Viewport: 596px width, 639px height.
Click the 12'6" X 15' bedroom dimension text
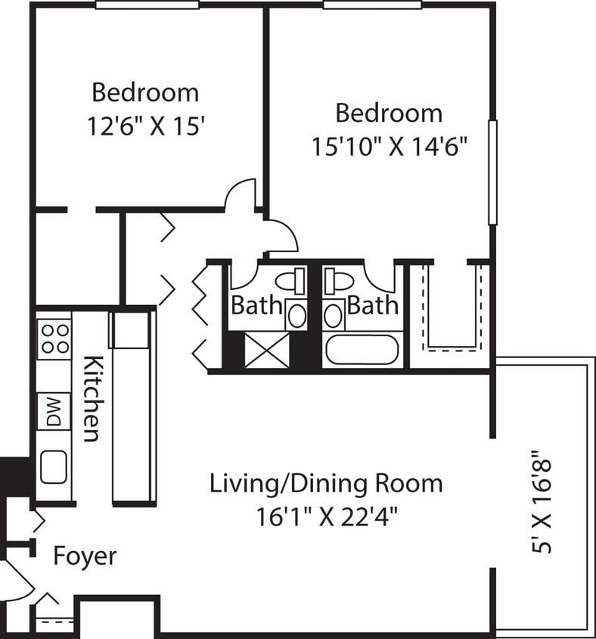pos(145,124)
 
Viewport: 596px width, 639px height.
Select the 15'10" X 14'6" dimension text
pos(387,145)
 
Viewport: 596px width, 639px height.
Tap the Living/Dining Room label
pos(326,483)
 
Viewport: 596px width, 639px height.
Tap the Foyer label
pos(85,556)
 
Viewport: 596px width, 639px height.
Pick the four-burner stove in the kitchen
pos(54,338)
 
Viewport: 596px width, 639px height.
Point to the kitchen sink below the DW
pos(54,466)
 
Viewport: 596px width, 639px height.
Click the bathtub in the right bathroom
pos(361,349)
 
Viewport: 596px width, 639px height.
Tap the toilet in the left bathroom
pos(291,281)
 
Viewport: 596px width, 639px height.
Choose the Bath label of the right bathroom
pos(372,306)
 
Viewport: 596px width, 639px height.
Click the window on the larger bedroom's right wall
pos(492,172)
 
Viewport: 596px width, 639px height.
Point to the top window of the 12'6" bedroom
pos(147,5)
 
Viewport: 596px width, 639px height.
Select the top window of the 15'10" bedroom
pos(372,5)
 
